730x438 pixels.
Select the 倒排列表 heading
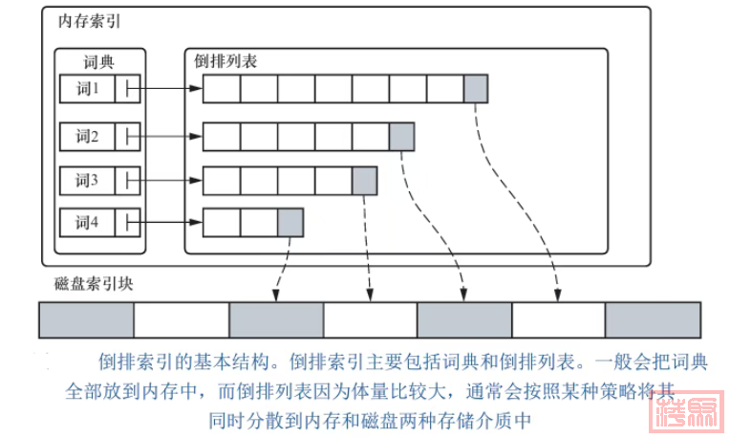pos(225,61)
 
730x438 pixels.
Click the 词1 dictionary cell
pos(88,90)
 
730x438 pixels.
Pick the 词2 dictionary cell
pos(88,137)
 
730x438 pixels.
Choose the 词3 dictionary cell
pos(88,180)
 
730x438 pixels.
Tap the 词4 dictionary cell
pos(88,224)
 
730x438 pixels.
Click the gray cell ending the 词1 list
pos(476,90)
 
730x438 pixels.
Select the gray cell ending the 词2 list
pos(401,137)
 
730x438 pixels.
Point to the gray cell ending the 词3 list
pos(364,180)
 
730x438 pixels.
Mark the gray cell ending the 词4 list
pos(290,224)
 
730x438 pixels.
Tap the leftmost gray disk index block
pos(86,319)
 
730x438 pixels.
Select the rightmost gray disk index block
pos(653,319)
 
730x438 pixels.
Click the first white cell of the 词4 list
pos(221,224)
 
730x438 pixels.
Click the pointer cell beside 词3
pos(129,180)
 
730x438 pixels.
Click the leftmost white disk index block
pos(181,319)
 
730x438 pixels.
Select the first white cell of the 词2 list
pos(221,137)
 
